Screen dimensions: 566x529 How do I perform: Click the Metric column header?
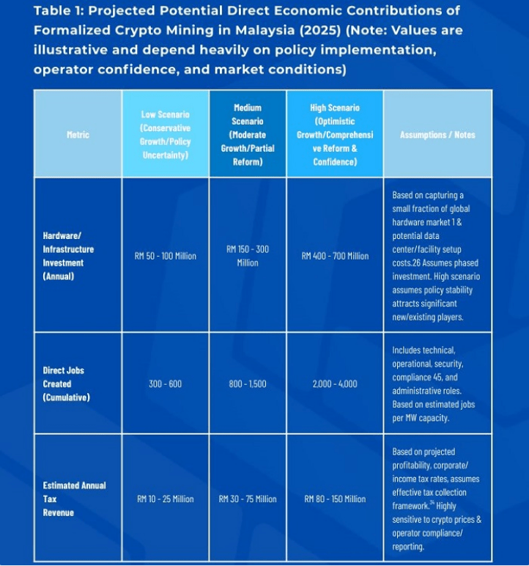coord(78,135)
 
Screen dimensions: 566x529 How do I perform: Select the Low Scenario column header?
coord(165,135)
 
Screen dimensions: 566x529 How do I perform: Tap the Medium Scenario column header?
coord(248,134)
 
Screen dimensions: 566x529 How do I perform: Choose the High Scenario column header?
coord(335,134)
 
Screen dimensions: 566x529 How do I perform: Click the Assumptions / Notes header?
coord(437,135)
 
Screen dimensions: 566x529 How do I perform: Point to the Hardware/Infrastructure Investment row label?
coord(68,256)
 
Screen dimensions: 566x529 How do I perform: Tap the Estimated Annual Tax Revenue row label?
coord(74,499)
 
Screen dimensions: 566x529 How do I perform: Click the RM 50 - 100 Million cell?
coord(166,256)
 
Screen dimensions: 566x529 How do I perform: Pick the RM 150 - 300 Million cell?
coord(248,256)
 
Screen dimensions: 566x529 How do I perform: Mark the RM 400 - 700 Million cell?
coord(335,256)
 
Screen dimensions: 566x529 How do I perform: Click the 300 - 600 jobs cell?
coord(166,383)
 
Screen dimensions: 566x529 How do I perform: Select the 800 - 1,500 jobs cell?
coord(248,383)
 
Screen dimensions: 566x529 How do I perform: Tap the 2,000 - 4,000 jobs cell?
coord(335,383)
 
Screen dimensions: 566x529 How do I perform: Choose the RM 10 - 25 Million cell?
coord(166,499)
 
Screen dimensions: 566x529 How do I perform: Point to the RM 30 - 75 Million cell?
coord(248,499)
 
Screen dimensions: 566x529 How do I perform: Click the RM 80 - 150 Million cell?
coord(335,499)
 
